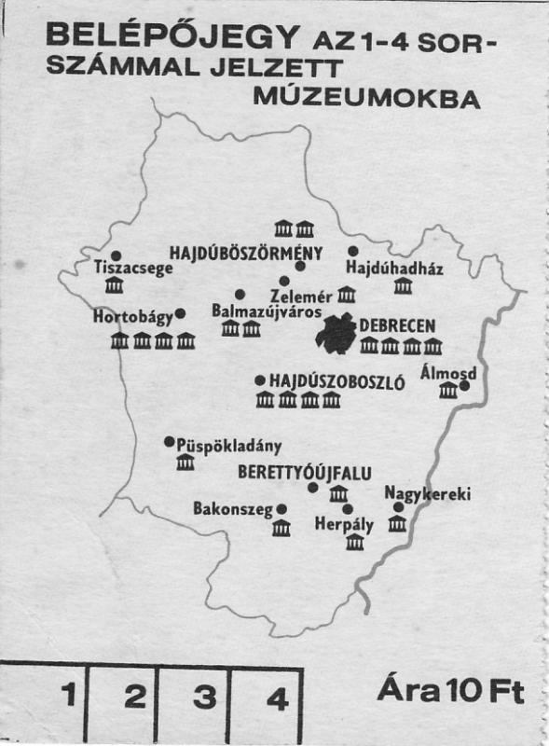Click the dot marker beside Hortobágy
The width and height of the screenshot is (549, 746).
pos(181,313)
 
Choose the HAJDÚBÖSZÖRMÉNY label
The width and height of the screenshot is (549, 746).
pos(246,252)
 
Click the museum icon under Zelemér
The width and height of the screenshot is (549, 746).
pos(347,295)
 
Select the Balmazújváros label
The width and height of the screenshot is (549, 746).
pos(267,310)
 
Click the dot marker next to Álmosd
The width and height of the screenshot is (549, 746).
pos(464,385)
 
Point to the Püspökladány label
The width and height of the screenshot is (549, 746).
pos(228,445)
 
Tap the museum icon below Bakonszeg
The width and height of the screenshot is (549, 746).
pos(281,528)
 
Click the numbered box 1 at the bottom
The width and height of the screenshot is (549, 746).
pos(67,696)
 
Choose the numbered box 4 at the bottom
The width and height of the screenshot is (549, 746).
pos(277,697)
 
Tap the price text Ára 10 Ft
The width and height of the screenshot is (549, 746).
pos(450,691)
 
